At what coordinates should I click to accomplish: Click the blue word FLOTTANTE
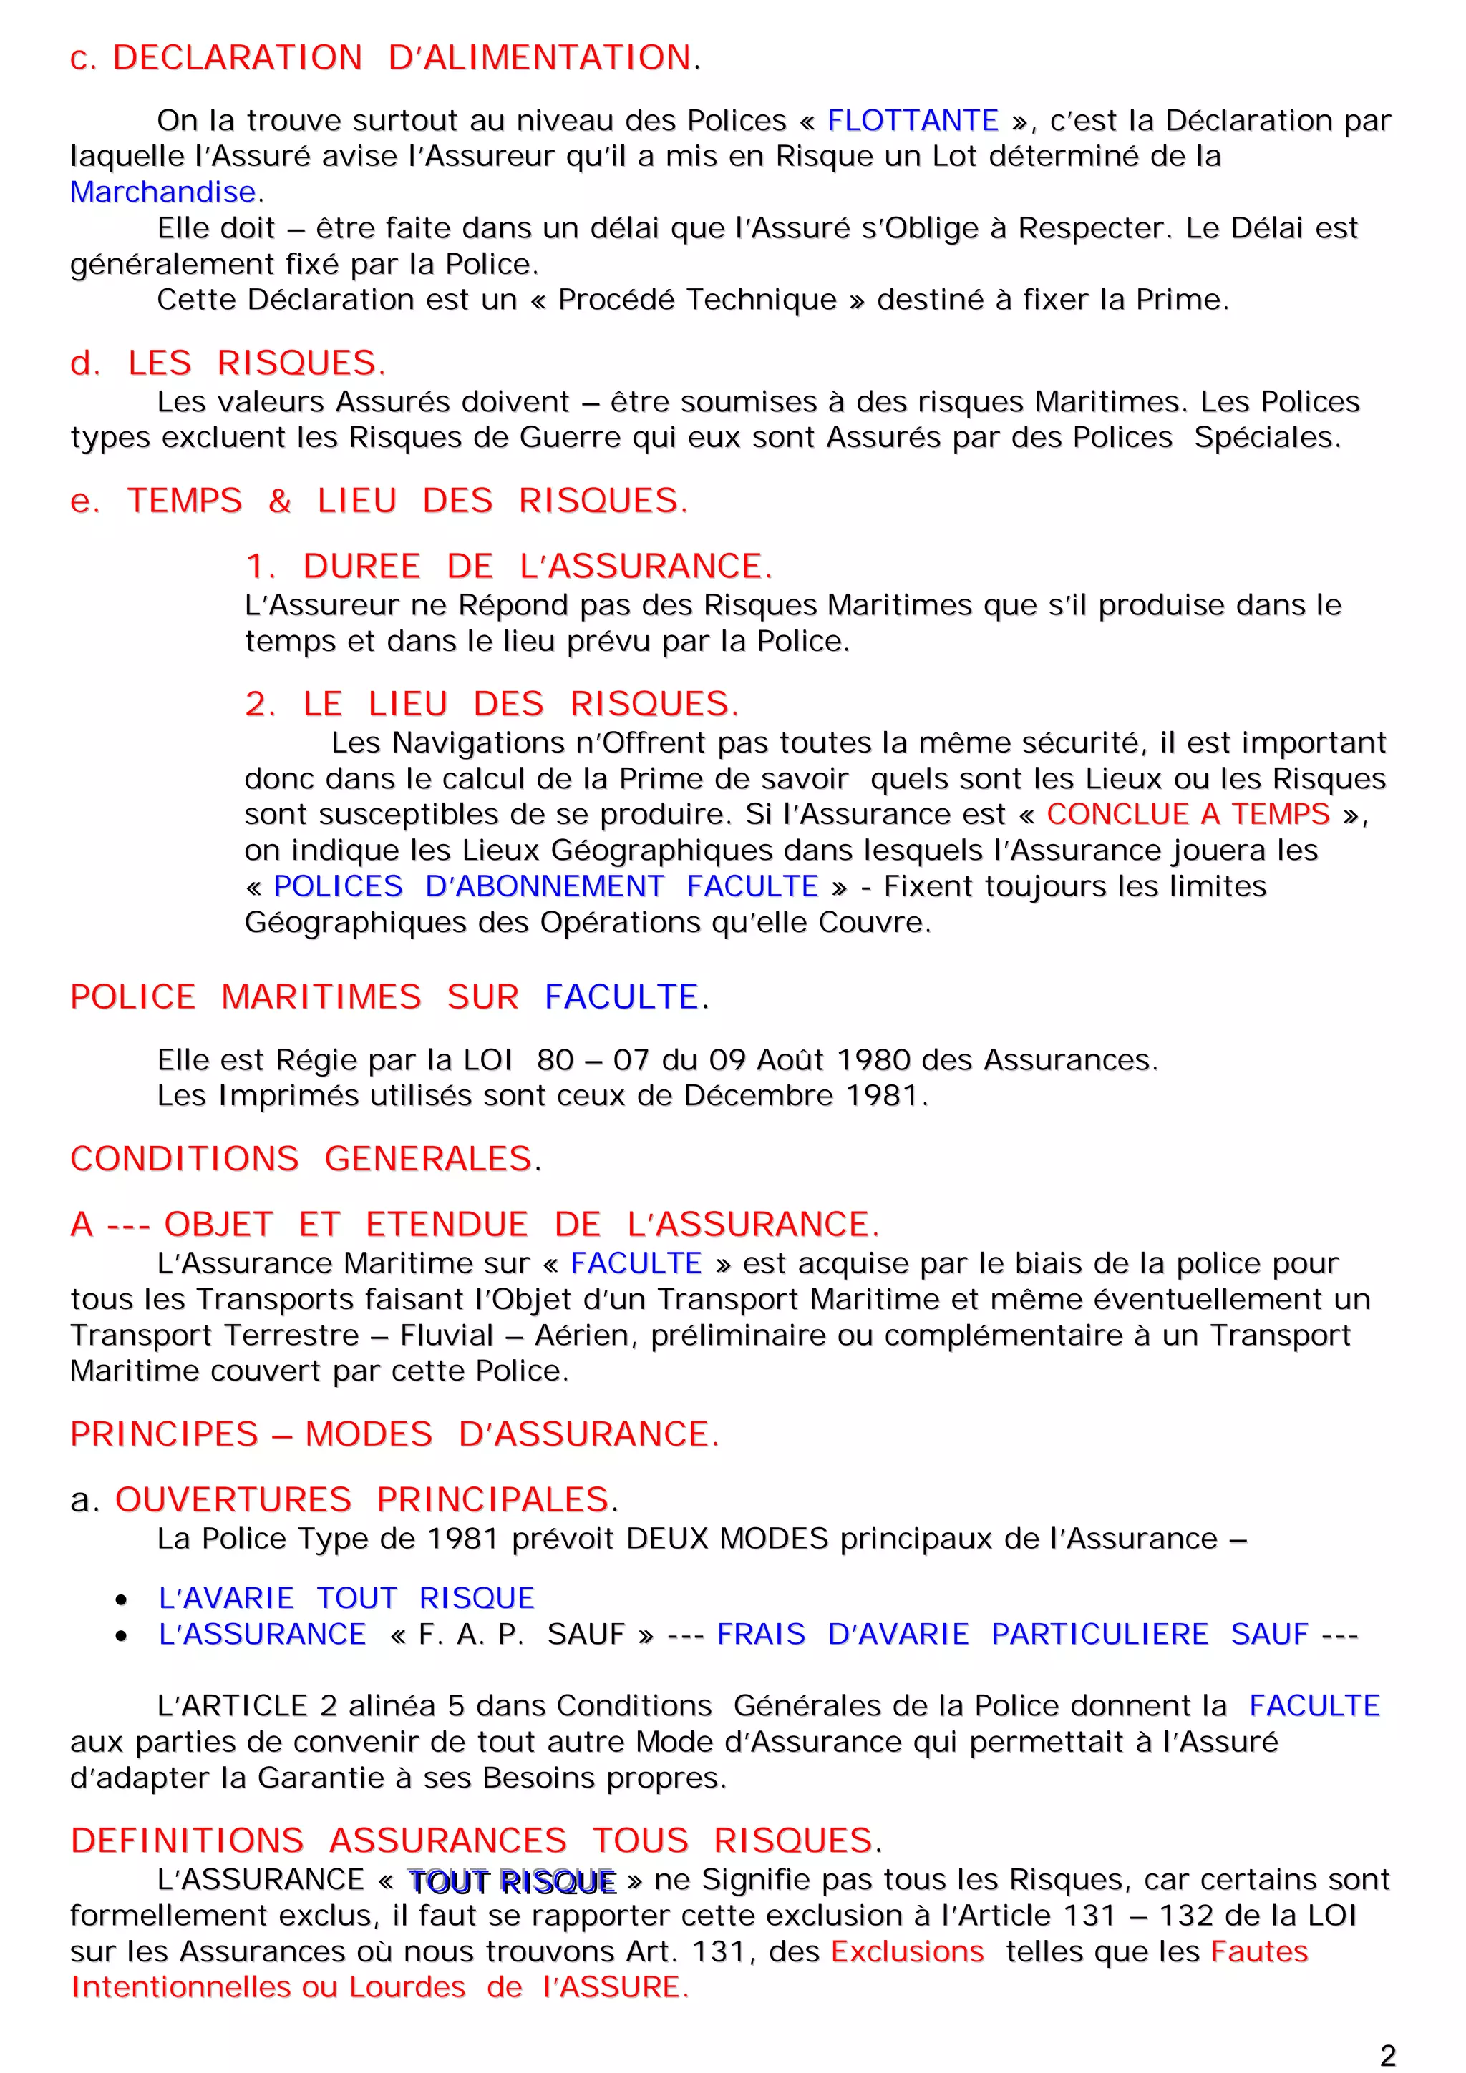(x=912, y=120)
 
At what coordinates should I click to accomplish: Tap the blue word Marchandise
(x=163, y=192)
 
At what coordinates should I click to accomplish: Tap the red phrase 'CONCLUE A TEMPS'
(x=1187, y=814)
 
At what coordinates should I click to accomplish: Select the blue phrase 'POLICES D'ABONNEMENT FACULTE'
(x=545, y=886)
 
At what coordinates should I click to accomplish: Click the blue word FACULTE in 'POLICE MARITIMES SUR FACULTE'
(x=621, y=996)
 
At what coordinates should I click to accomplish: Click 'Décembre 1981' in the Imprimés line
(x=800, y=1096)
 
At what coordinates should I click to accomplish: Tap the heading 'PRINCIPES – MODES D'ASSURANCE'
(x=394, y=1434)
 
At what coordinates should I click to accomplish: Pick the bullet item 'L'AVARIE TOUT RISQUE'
(x=346, y=1598)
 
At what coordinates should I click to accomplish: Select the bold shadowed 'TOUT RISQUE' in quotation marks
(x=511, y=1881)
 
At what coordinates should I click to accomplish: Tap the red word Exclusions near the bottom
(x=906, y=1951)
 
